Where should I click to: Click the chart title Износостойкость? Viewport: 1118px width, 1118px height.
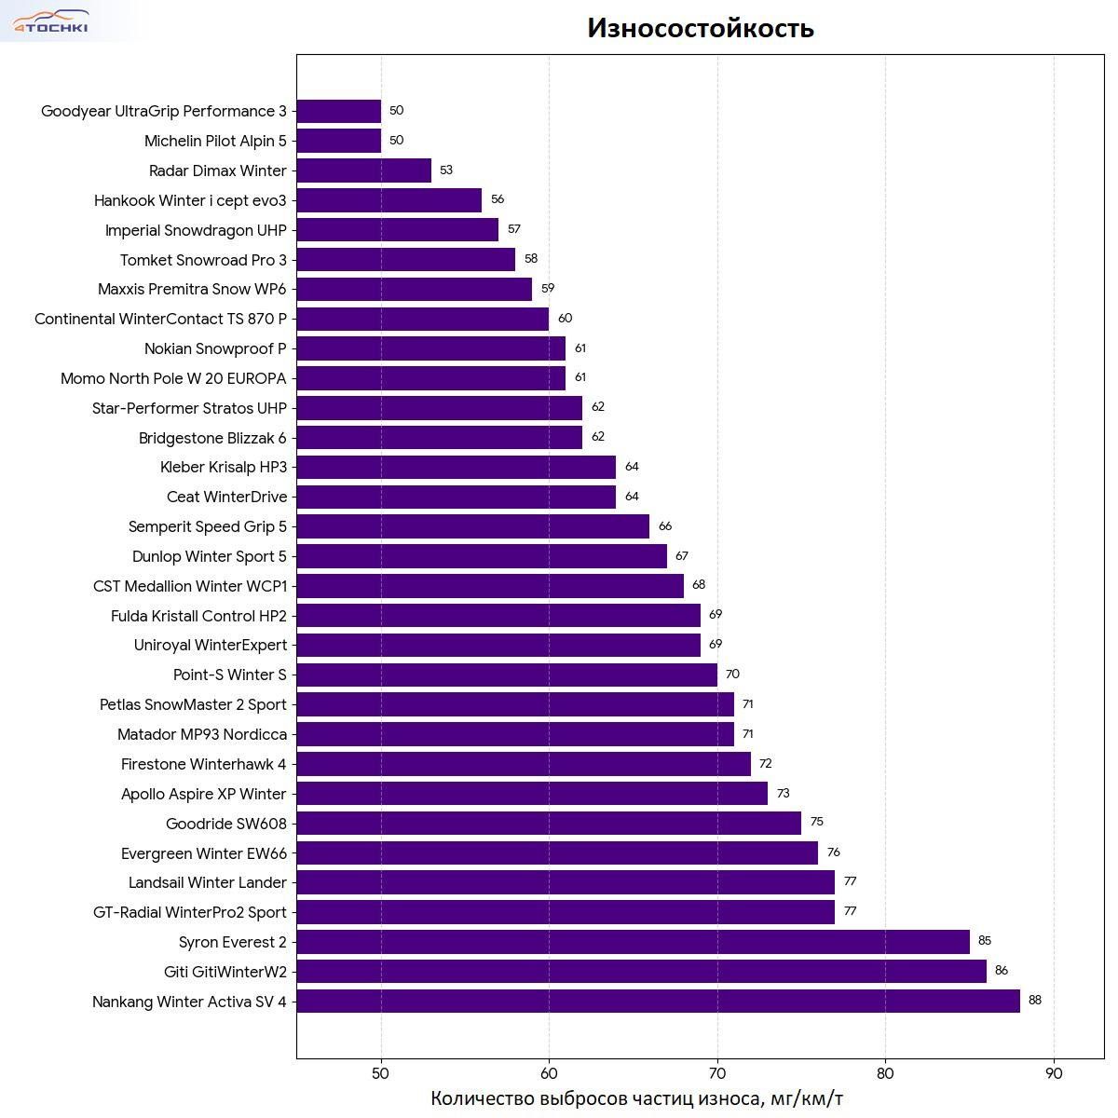pyautogui.click(x=701, y=29)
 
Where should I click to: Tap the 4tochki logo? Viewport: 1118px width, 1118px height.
pyautogui.click(x=51, y=21)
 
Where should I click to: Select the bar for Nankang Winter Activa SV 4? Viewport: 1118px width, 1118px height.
pyautogui.click(x=658, y=1002)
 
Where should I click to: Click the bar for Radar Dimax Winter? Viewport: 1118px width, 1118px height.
pyautogui.click(x=363, y=170)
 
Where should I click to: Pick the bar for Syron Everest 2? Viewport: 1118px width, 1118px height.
pyautogui.click(x=633, y=942)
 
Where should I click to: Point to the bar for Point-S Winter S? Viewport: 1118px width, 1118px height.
pyautogui.click(x=507, y=675)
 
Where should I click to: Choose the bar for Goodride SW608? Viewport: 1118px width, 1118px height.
pyautogui.click(x=549, y=824)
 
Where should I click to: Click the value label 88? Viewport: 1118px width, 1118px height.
pyautogui.click(x=1034, y=1001)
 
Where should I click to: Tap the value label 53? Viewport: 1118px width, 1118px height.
pyautogui.click(x=446, y=170)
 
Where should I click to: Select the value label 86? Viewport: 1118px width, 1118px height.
pyautogui.click(x=1001, y=971)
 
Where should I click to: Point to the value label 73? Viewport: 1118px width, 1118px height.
pyautogui.click(x=783, y=794)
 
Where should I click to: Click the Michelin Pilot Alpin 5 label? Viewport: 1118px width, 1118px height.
pyautogui.click(x=215, y=141)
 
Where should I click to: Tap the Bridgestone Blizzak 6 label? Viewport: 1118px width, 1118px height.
pyautogui.click(x=212, y=438)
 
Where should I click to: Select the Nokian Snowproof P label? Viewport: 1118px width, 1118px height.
pyautogui.click(x=215, y=348)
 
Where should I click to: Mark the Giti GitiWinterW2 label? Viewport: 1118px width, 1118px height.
pyautogui.click(x=225, y=972)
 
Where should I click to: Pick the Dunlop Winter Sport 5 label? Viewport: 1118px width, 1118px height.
pyautogui.click(x=210, y=556)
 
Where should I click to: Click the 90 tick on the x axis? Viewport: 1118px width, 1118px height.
pyautogui.click(x=1054, y=1072)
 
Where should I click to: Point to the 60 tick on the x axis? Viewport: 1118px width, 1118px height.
pyautogui.click(x=549, y=1072)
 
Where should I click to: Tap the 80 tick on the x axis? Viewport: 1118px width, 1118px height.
pyautogui.click(x=885, y=1072)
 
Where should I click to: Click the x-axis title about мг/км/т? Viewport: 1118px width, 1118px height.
pyautogui.click(x=636, y=1098)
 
